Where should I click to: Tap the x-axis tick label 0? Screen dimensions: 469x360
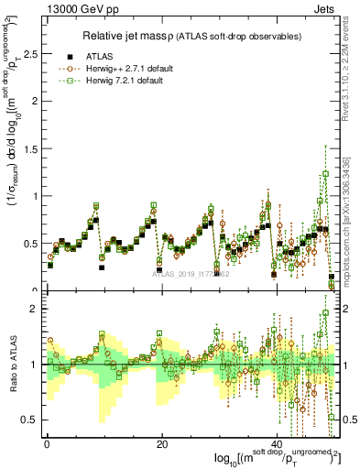pos(47,442)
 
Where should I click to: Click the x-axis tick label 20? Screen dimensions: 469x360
pos(162,442)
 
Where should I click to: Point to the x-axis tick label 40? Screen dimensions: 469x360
pos(278,442)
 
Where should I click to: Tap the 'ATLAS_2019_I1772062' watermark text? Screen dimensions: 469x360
pos(190,273)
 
